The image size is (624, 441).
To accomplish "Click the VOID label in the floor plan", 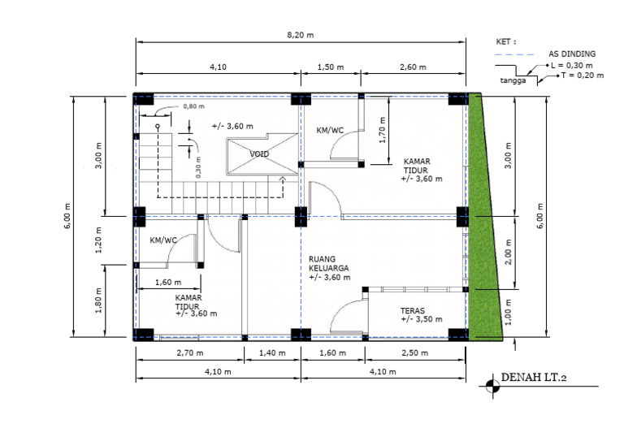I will pyautogui.click(x=259, y=153).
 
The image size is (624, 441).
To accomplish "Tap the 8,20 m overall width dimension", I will pyautogui.click(x=301, y=35).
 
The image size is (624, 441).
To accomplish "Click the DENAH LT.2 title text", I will pyautogui.click(x=534, y=377).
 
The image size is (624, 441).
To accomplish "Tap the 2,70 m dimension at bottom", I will pyautogui.click(x=188, y=353).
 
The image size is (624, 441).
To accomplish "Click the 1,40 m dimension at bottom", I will pyautogui.click(x=272, y=353).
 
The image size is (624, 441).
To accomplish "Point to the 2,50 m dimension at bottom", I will pyautogui.click(x=415, y=353).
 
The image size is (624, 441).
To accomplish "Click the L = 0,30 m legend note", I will pyautogui.click(x=571, y=64).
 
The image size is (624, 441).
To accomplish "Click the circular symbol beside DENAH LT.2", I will pyautogui.click(x=491, y=386).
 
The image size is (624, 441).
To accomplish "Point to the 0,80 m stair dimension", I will pyautogui.click(x=193, y=106).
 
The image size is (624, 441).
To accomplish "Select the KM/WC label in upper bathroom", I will pyautogui.click(x=329, y=129).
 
